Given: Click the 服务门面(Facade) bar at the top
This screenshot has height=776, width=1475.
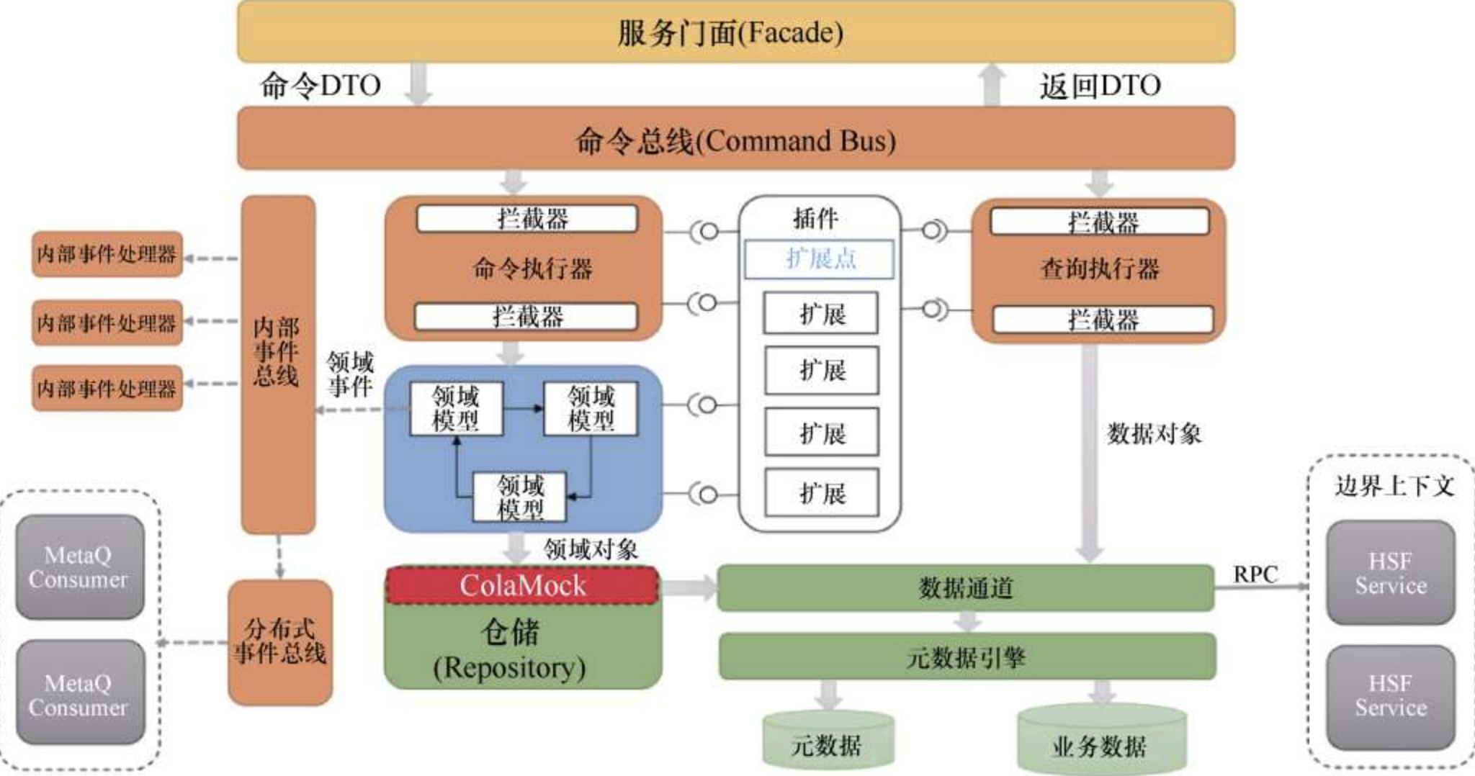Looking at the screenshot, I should pyautogui.click(x=735, y=32).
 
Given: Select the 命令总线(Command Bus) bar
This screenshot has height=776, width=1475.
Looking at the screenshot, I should pyautogui.click(x=735, y=140).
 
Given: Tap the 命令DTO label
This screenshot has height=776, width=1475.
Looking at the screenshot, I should pyautogui.click(x=320, y=86).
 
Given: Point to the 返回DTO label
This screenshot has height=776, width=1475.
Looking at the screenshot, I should pyautogui.click(x=1100, y=86).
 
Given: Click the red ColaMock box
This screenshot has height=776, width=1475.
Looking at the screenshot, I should pyautogui.click(x=523, y=585).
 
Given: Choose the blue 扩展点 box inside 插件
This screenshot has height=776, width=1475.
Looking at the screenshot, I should pyautogui.click(x=819, y=258).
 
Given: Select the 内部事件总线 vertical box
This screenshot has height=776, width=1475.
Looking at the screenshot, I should pyautogui.click(x=278, y=364).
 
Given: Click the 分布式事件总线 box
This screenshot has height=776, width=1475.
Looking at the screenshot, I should pyautogui.click(x=280, y=641).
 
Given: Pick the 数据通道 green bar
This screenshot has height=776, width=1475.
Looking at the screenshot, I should pyautogui.click(x=965, y=588).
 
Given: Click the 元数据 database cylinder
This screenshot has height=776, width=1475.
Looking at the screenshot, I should pyautogui.click(x=828, y=741).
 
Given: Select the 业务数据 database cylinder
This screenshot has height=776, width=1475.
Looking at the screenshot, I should pyautogui.click(x=1100, y=741).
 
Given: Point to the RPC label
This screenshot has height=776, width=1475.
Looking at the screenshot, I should pyautogui.click(x=1255, y=574).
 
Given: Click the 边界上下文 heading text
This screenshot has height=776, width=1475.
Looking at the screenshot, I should pyautogui.click(x=1394, y=486).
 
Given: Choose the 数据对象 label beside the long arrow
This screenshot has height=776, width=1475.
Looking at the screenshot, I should pyautogui.click(x=1154, y=433).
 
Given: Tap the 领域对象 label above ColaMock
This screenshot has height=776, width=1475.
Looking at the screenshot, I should pyautogui.click(x=591, y=550).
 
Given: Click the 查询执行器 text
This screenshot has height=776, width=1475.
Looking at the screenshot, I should pyautogui.click(x=1100, y=269).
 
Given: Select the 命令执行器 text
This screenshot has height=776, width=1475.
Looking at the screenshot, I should pyautogui.click(x=533, y=269).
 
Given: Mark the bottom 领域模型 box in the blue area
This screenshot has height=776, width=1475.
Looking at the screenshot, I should pyautogui.click(x=519, y=497).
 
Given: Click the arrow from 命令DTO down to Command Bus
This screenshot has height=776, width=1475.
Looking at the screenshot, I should pyautogui.click(x=418, y=84).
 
